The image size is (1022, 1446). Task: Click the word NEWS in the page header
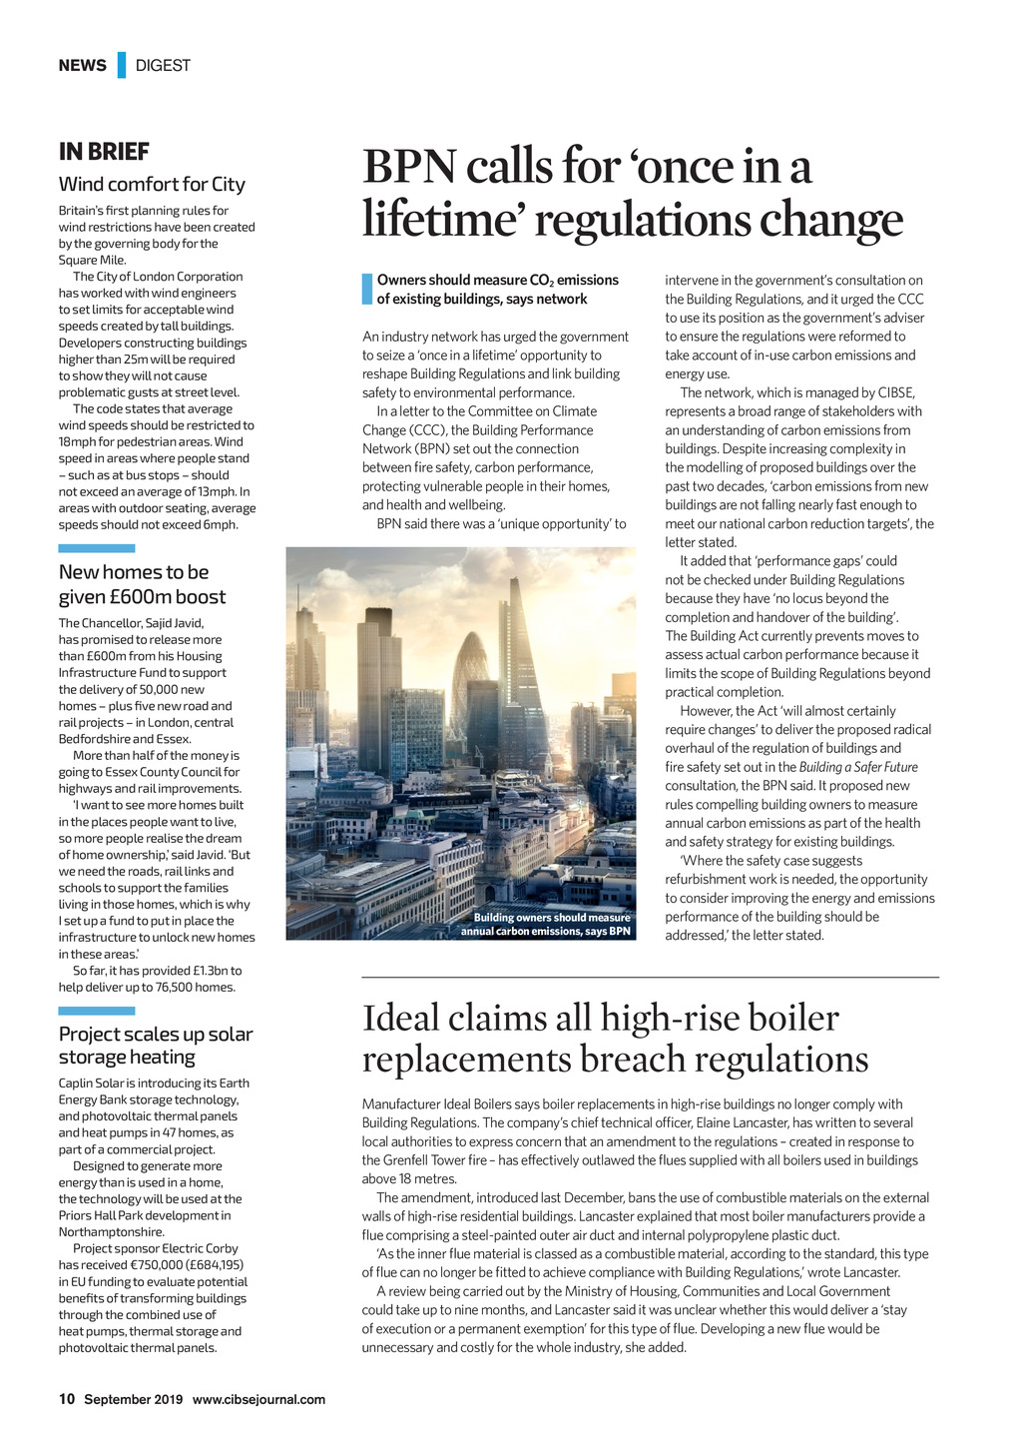(x=82, y=66)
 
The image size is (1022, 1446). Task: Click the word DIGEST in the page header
(x=163, y=66)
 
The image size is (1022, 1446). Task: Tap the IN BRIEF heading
(x=104, y=152)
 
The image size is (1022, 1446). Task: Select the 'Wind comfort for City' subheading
(x=152, y=184)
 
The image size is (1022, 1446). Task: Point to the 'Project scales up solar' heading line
(x=156, y=1034)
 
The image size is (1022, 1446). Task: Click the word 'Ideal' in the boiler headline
(x=400, y=1018)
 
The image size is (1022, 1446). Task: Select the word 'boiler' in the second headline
(x=787, y=1018)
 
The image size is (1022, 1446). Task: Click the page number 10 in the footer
(x=67, y=1399)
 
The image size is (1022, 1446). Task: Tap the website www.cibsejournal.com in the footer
(x=258, y=1399)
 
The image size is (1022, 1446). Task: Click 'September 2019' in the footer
(x=133, y=1399)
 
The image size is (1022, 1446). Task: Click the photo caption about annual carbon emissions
(x=546, y=925)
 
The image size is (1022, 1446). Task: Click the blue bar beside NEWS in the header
(x=122, y=65)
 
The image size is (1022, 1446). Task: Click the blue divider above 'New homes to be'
(x=97, y=548)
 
